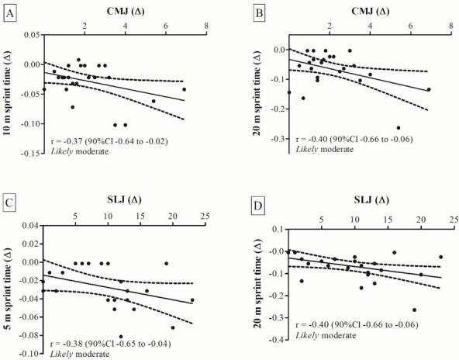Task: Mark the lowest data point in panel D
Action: tap(414, 310)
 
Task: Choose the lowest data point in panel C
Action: tap(121, 337)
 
